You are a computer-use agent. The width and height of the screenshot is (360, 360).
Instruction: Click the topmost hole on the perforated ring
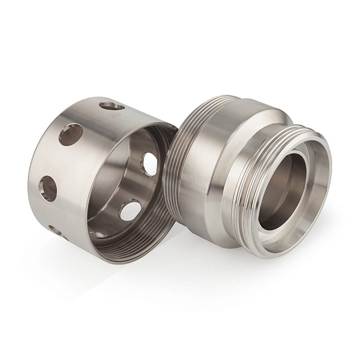112,106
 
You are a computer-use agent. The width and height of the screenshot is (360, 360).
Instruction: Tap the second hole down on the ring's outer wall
71,135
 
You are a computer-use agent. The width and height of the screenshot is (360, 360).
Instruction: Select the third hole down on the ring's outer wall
48,189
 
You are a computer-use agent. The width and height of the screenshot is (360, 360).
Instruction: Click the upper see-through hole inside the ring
150,163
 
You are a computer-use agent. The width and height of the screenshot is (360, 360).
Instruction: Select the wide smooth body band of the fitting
216,170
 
